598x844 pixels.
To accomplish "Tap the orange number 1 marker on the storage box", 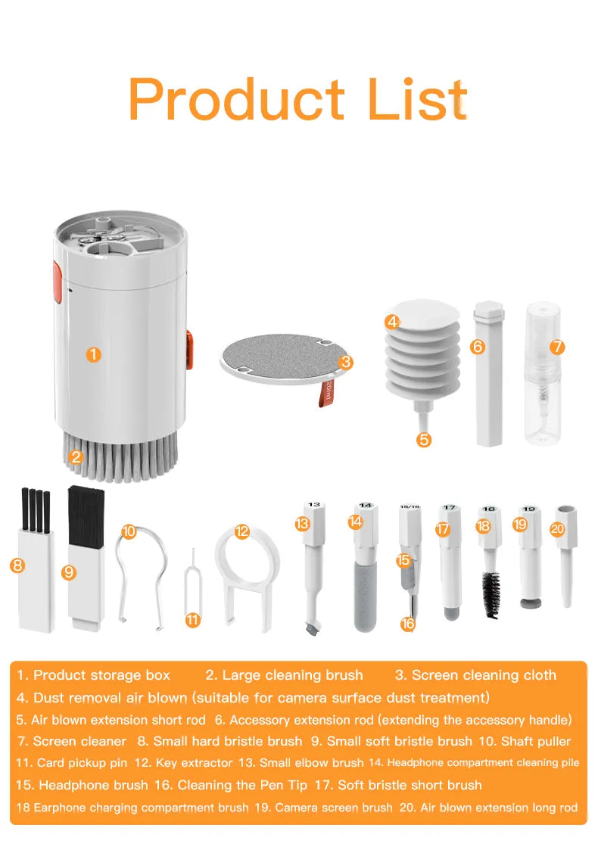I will (93, 353).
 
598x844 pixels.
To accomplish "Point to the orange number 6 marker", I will (477, 347).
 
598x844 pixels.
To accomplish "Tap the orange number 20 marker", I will (558, 529).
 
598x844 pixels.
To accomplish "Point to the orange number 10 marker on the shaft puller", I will (129, 531).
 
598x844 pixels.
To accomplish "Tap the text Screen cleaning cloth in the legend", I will (484, 675).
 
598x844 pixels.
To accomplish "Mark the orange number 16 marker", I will (409, 624).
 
